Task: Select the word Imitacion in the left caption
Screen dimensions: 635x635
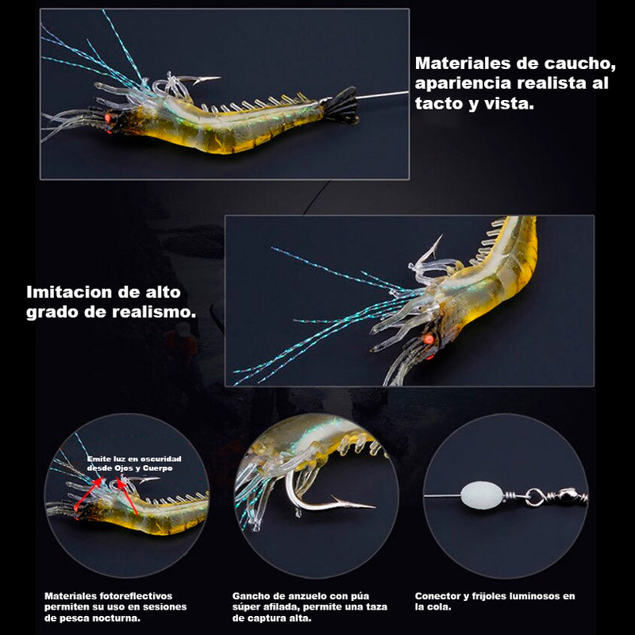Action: [68, 291]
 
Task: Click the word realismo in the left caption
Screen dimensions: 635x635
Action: [153, 312]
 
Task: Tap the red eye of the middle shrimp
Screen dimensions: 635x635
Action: [429, 340]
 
